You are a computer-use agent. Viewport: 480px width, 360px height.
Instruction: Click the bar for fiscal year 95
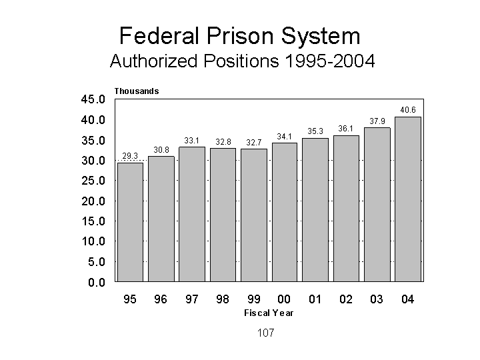pyautogui.click(x=130, y=221)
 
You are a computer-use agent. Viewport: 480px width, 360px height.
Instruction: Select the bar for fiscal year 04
pyautogui.click(x=407, y=199)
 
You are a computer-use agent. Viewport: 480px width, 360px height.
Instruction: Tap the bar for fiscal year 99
pyautogui.click(x=253, y=215)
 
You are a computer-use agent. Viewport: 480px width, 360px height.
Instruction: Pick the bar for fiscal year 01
pyautogui.click(x=315, y=209)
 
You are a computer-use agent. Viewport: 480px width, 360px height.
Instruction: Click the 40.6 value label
pyautogui.click(x=407, y=109)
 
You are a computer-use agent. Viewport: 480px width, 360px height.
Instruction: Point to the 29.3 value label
pyautogui.click(x=130, y=156)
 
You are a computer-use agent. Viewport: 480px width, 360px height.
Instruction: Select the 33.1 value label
pyautogui.click(x=192, y=140)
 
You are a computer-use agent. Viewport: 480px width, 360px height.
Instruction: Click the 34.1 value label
pyautogui.click(x=285, y=136)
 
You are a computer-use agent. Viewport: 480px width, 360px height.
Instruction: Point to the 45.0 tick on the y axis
pyautogui.click(x=93, y=100)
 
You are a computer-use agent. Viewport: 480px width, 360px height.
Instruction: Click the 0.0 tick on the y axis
pyautogui.click(x=97, y=282)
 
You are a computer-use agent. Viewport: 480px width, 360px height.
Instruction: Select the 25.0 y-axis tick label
pyautogui.click(x=93, y=181)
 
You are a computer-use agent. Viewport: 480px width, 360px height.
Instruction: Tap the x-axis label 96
pyautogui.click(x=161, y=299)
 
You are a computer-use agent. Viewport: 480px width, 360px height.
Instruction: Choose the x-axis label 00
pyautogui.click(x=285, y=299)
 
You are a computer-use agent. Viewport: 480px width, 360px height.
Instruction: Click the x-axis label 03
pyautogui.click(x=377, y=299)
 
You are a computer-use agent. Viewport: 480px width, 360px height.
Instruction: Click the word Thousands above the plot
pyautogui.click(x=137, y=91)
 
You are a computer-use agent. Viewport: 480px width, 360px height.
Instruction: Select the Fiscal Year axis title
pyautogui.click(x=269, y=313)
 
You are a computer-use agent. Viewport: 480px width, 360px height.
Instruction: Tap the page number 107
pyautogui.click(x=265, y=333)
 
